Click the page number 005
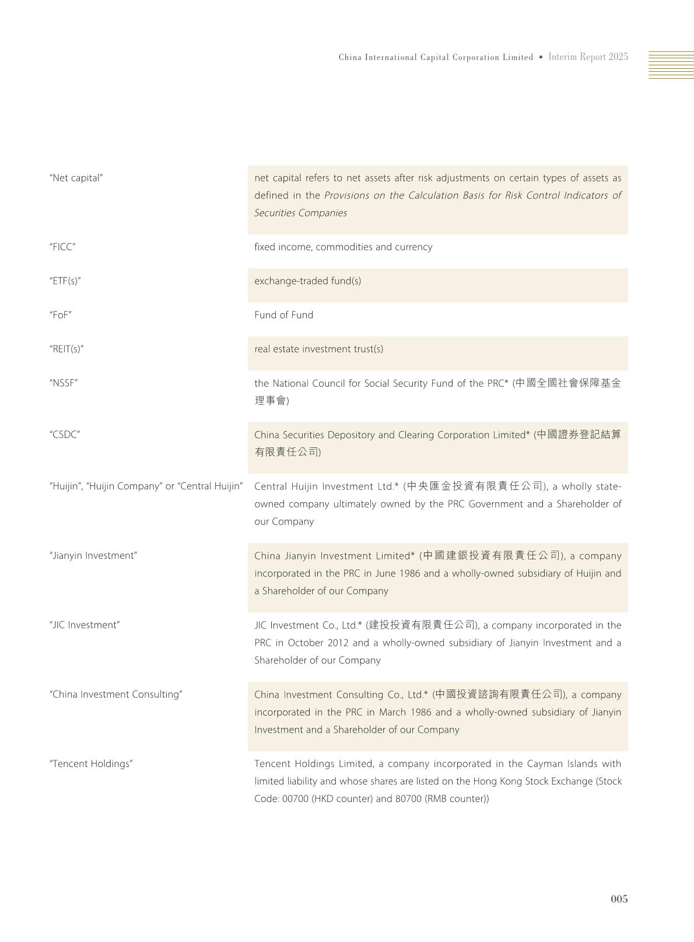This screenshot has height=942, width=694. (x=619, y=899)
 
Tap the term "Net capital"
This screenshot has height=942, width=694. (x=76, y=178)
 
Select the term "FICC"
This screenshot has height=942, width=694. (x=62, y=247)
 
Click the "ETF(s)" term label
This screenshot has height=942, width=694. (x=65, y=281)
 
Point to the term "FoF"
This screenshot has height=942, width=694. (x=61, y=315)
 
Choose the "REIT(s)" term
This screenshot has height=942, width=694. (x=66, y=349)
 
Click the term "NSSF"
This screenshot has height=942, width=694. (x=64, y=383)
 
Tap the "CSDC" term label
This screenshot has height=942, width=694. (x=65, y=435)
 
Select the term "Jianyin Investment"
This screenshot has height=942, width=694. (x=93, y=555)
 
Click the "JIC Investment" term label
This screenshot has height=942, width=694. (x=85, y=625)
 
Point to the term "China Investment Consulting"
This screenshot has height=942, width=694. (x=116, y=694)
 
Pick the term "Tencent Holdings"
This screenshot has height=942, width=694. (x=91, y=764)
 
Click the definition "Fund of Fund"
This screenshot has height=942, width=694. (x=283, y=315)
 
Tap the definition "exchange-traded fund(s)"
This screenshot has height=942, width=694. (x=307, y=281)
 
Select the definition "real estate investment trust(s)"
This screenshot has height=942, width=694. (x=318, y=349)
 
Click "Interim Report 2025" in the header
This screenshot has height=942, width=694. (x=588, y=57)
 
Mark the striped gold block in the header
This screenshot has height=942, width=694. (x=671, y=65)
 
